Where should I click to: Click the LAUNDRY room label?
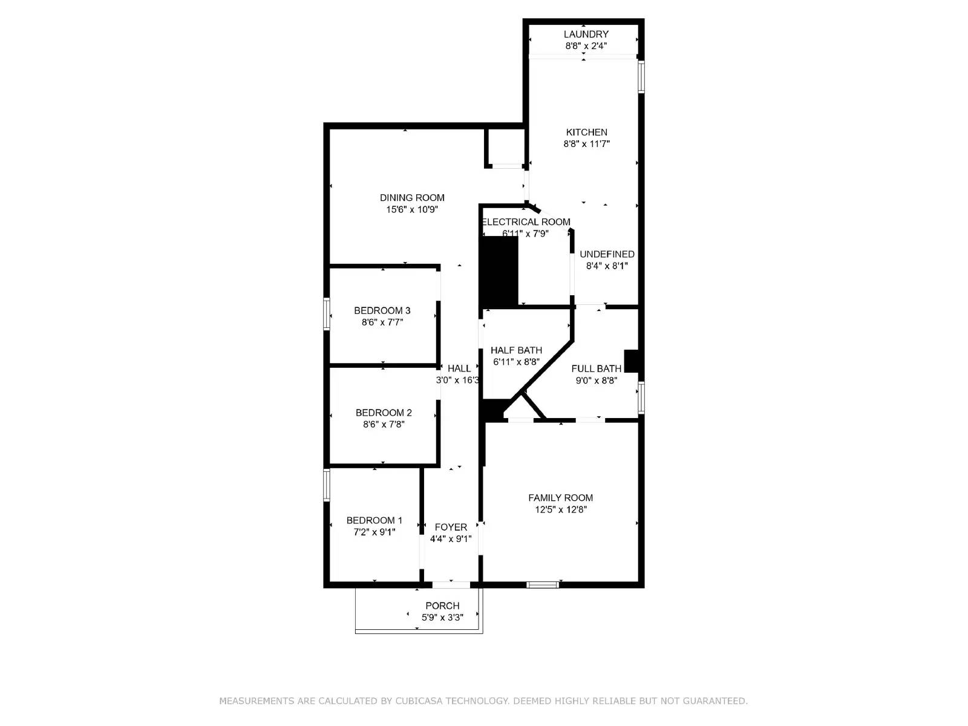click(586, 34)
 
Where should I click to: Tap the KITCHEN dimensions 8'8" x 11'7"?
click(586, 144)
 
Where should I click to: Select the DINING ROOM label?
click(412, 198)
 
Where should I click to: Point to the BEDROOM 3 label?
click(382, 311)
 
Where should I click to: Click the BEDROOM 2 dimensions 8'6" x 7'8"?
click(384, 425)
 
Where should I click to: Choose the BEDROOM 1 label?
click(374, 520)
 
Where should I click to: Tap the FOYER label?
click(451, 528)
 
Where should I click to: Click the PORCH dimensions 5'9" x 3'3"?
click(442, 618)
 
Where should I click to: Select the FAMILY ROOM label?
click(560, 498)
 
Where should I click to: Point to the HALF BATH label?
click(516, 350)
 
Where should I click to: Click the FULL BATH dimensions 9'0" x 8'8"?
click(596, 381)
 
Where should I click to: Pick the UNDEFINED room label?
click(607, 254)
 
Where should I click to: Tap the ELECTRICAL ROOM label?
click(526, 222)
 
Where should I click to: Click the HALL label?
click(459, 368)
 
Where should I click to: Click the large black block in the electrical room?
click(499, 270)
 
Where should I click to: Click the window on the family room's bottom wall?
click(542, 584)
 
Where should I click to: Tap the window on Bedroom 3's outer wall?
click(327, 313)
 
